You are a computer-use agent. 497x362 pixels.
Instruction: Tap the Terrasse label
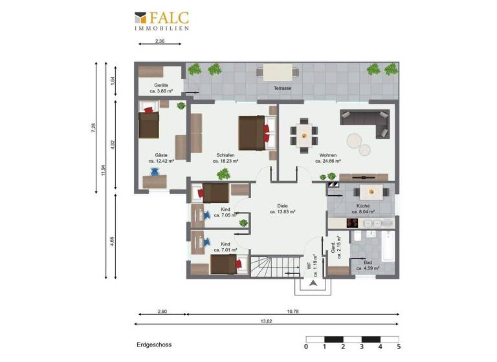coord(282,88)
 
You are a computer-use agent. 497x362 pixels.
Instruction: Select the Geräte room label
coord(161,89)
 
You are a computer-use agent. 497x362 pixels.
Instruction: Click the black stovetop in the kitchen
coord(353,223)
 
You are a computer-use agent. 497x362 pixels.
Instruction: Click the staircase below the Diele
coord(267,265)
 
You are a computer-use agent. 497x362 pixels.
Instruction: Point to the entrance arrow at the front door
coord(313,283)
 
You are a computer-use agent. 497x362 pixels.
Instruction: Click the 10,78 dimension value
coord(293,312)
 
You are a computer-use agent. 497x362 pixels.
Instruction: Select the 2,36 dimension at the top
coord(160,41)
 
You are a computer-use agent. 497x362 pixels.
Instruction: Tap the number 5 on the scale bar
coord(399,346)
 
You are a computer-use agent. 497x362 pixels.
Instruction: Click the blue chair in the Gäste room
coord(155,172)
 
